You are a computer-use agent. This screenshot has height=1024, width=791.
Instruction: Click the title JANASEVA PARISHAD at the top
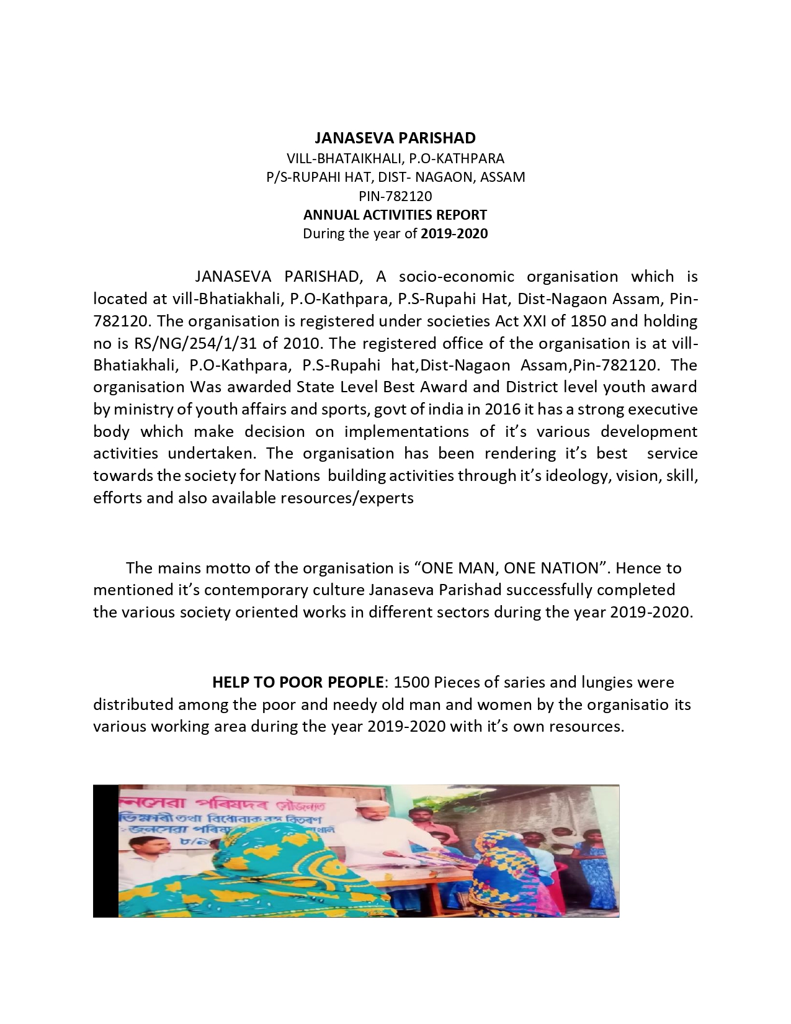pos(395,138)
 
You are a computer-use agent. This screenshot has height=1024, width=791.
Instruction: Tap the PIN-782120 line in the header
pos(395,196)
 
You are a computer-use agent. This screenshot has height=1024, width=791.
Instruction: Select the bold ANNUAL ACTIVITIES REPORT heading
pos(395,215)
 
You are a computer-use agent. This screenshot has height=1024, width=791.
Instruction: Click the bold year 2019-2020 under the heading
pos(454,234)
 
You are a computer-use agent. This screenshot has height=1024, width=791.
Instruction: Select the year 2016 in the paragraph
pos(503,410)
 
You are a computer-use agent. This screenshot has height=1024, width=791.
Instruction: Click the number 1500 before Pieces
pos(411,683)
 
